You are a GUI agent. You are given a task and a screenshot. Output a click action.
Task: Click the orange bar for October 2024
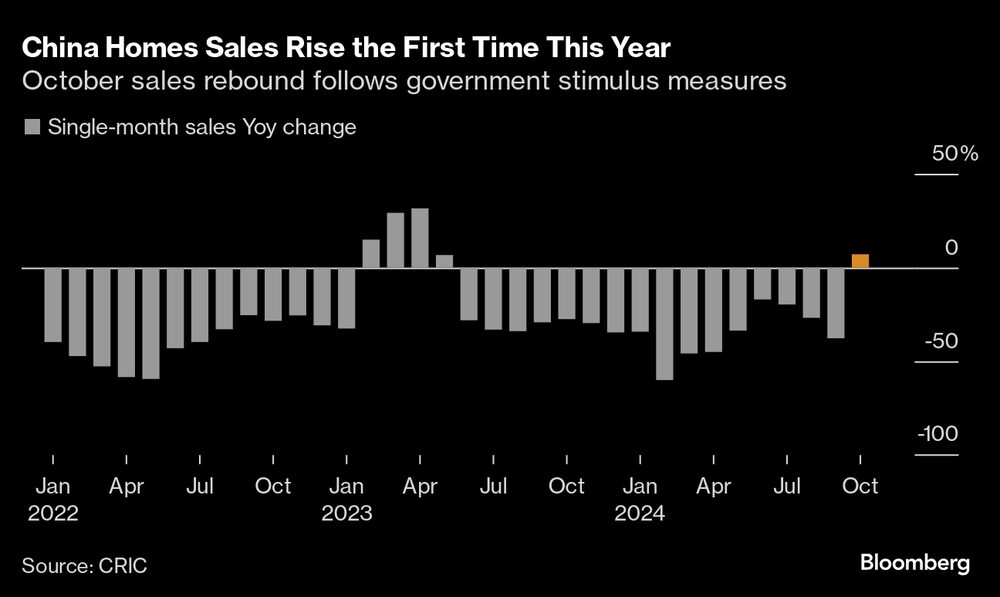click(860, 262)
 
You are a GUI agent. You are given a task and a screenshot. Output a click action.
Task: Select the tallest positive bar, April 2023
click(420, 238)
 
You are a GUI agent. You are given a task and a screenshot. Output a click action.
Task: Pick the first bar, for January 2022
click(53, 305)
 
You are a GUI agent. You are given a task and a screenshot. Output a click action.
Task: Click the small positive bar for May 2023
click(444, 262)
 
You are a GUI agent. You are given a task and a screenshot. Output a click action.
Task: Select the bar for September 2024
click(836, 303)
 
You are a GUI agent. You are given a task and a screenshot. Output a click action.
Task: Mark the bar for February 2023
click(371, 254)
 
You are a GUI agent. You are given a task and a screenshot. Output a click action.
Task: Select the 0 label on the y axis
click(951, 247)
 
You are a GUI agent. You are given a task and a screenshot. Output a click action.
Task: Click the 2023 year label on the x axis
click(346, 514)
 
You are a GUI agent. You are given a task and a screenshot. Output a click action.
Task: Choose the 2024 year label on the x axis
click(640, 514)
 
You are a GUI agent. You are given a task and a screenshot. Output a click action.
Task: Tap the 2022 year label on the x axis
click(52, 514)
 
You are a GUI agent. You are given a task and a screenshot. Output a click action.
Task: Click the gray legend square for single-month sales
click(31, 128)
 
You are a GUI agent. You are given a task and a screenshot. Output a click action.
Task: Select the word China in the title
click(63, 47)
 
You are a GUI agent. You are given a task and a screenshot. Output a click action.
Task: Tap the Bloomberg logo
click(915, 564)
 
